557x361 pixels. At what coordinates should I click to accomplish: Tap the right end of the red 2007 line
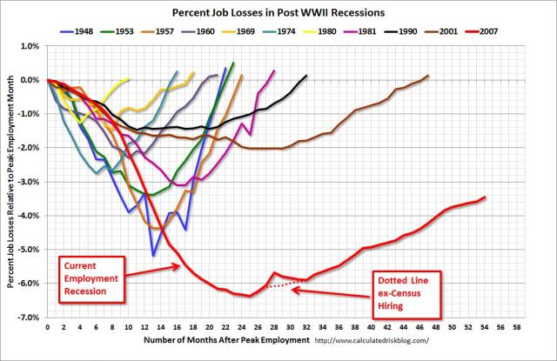485,197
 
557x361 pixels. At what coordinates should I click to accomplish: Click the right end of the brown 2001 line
428,76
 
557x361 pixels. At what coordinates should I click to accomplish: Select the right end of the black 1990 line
306,76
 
